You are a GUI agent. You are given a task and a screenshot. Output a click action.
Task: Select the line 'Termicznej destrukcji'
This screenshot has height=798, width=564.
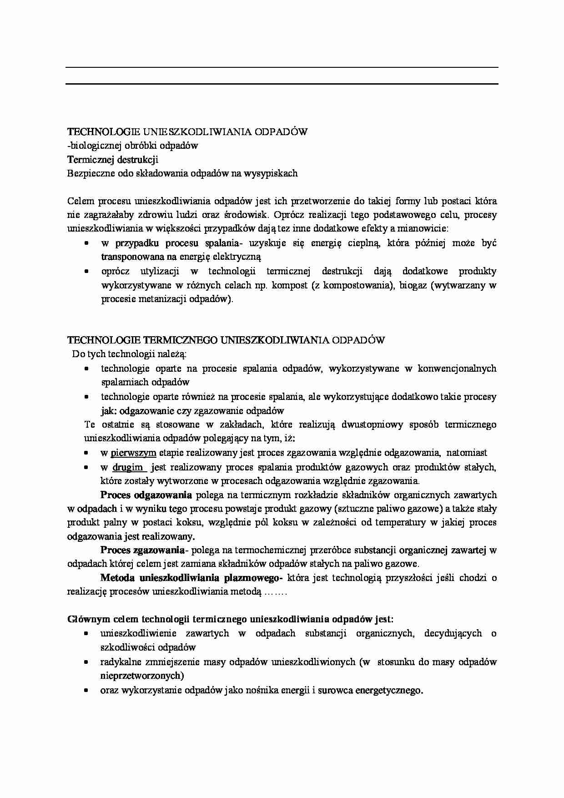click(x=112, y=160)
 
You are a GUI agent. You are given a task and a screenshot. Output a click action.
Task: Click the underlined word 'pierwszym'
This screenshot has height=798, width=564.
click(x=133, y=453)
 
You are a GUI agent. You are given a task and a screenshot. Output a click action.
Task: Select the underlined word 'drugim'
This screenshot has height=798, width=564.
click(x=128, y=467)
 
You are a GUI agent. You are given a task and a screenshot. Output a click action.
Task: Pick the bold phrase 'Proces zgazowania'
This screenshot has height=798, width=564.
click(x=142, y=550)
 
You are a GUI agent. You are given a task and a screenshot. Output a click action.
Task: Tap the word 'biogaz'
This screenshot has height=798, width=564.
click(x=413, y=286)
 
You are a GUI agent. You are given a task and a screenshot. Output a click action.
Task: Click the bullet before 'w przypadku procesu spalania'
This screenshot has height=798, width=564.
click(x=86, y=244)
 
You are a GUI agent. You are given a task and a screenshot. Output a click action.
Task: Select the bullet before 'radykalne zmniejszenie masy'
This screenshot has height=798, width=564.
click(x=86, y=662)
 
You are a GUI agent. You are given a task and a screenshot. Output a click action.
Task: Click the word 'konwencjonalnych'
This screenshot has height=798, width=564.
click(x=457, y=369)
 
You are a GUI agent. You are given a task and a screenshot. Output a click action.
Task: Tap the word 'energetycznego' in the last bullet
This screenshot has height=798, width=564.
click(x=389, y=690)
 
